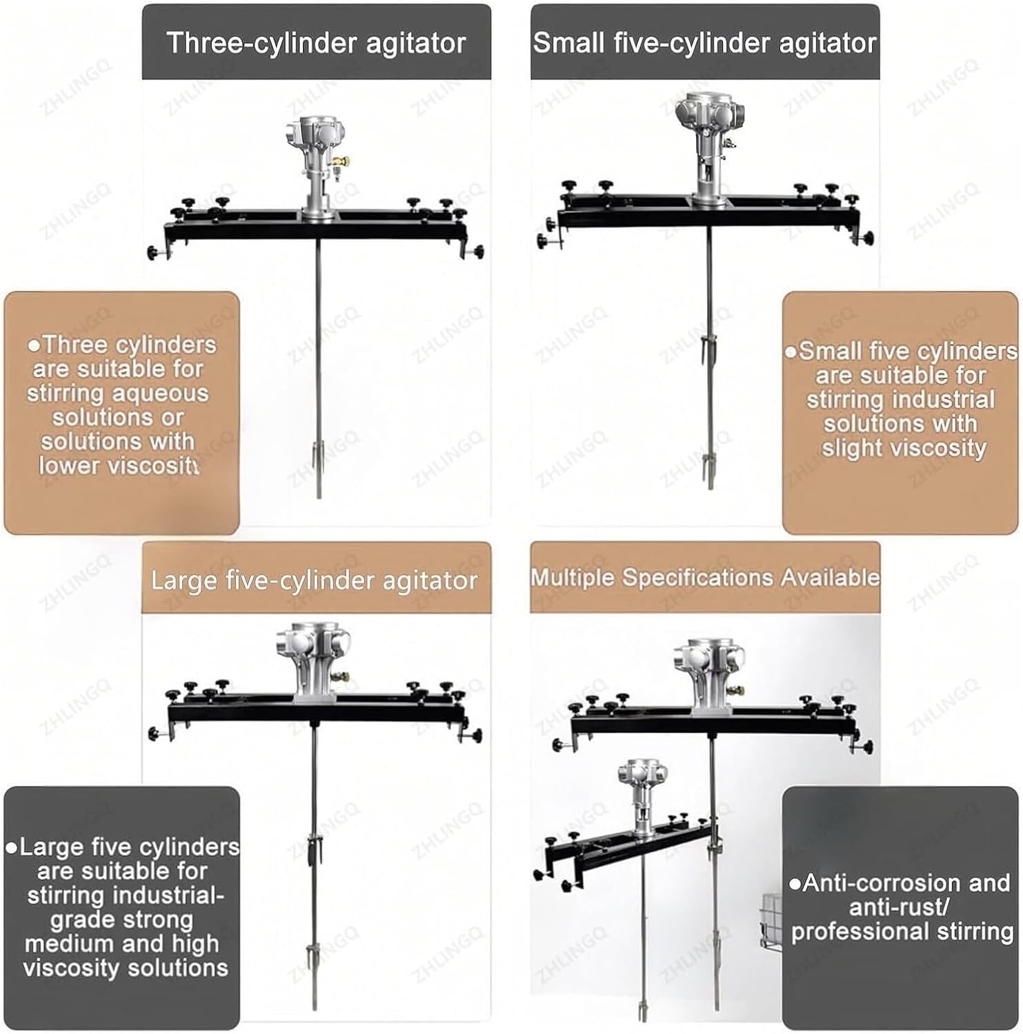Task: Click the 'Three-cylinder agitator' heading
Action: point(317,43)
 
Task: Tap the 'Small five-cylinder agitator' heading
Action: point(705,43)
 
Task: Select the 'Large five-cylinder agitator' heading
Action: point(315,580)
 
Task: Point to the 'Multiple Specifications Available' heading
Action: point(705,578)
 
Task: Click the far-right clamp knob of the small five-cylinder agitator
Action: point(867,239)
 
